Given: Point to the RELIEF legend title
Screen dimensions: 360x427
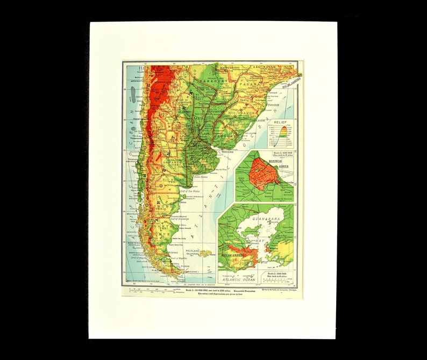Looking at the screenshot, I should pos(281,123).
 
